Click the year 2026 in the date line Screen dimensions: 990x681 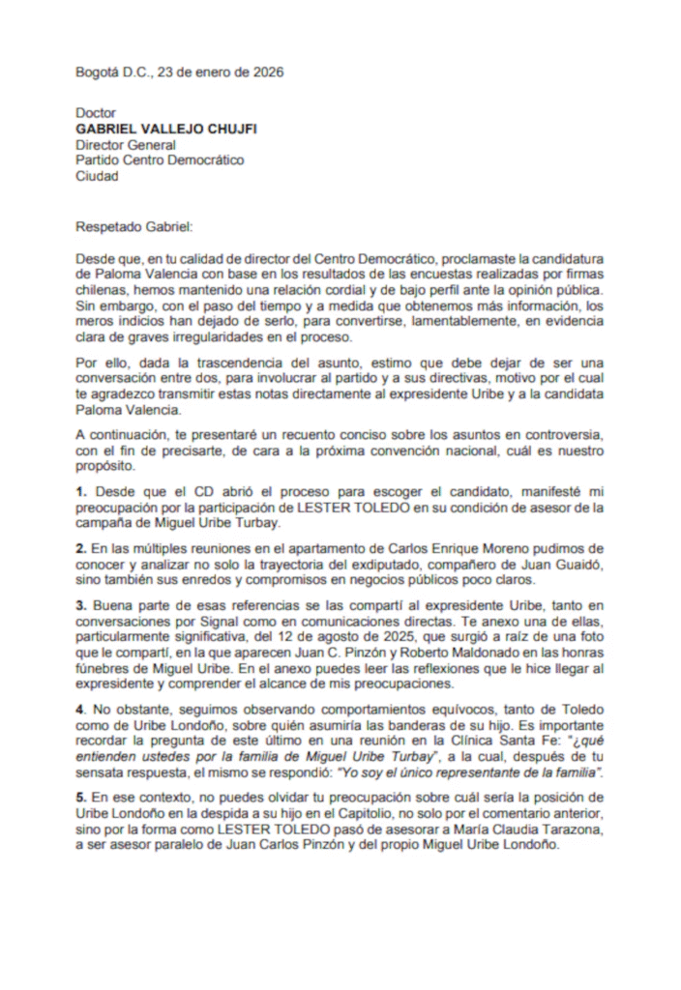click(x=266, y=73)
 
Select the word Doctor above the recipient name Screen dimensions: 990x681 click(x=96, y=114)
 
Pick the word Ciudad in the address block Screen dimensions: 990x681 click(x=98, y=176)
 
